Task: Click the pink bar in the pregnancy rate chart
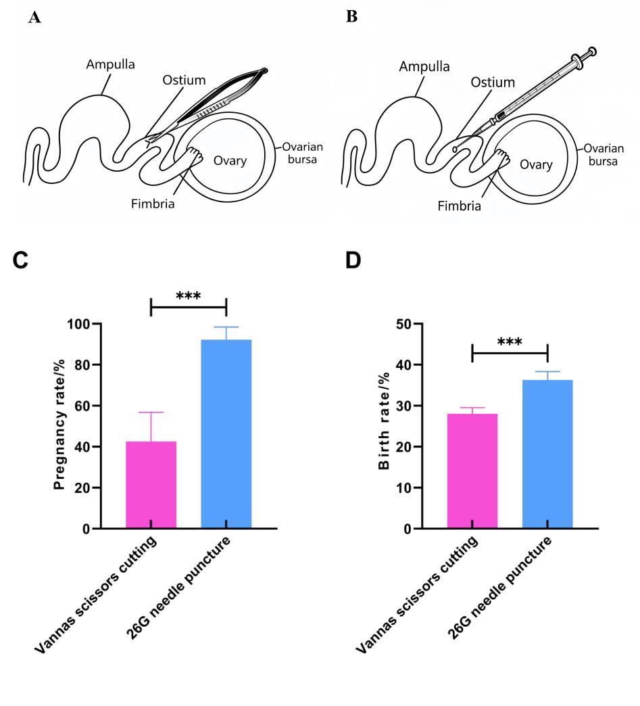click(151, 484)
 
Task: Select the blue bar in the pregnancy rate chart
click(226, 433)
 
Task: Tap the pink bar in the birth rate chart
click(472, 471)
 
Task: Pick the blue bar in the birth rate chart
click(547, 454)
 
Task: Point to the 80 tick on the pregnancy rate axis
click(82, 364)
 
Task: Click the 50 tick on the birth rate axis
click(403, 324)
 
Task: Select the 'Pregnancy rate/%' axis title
click(59, 424)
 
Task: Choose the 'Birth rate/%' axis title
click(383, 421)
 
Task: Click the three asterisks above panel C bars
click(188, 296)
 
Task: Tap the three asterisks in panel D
click(510, 342)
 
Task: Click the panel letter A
click(34, 18)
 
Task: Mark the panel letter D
click(353, 260)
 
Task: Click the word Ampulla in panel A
click(111, 65)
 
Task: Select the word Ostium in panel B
click(493, 83)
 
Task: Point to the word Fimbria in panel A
click(153, 204)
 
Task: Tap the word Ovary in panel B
click(536, 165)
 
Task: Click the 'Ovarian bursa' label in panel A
click(303, 153)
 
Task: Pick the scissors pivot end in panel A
click(264, 71)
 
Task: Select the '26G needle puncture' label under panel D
click(499, 587)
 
